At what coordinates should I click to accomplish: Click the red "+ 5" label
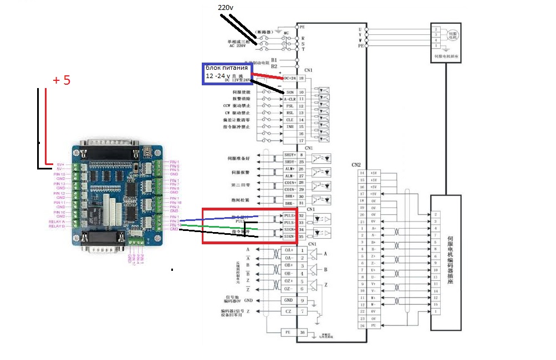click(62, 80)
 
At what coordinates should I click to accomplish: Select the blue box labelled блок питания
click(228, 73)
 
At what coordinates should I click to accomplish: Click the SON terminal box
click(290, 91)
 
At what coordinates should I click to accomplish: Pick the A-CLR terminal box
click(290, 99)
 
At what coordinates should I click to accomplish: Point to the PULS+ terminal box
click(290, 216)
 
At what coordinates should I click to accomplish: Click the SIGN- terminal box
click(290, 236)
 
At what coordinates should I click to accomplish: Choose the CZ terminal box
click(289, 312)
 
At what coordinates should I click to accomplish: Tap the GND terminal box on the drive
click(289, 300)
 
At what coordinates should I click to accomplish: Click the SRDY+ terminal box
click(290, 155)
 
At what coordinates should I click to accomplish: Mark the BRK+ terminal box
click(290, 197)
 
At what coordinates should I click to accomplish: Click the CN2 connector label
click(356, 164)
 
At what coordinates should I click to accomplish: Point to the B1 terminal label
click(274, 59)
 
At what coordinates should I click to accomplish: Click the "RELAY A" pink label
click(58, 220)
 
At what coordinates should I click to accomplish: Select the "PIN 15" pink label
click(59, 174)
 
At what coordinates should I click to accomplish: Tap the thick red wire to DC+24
click(268, 76)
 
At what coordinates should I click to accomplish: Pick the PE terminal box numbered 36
click(289, 332)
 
